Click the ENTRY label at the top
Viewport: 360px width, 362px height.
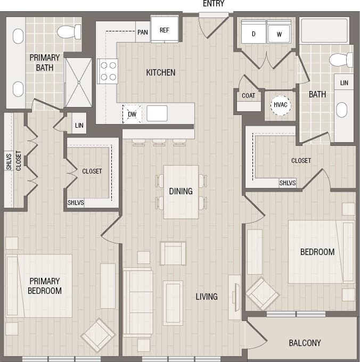coord(214,4)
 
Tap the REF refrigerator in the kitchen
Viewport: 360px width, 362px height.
coord(164,30)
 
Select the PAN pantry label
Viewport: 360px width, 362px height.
coord(142,32)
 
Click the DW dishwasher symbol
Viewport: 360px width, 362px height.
coord(132,113)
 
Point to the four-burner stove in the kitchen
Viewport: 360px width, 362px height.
coord(108,71)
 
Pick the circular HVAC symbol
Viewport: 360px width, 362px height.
coord(280,105)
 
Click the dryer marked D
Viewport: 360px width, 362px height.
coord(253,33)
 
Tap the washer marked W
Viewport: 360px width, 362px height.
coord(279,33)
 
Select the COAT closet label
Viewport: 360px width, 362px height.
coord(248,96)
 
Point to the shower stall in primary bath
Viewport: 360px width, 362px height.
coord(78,83)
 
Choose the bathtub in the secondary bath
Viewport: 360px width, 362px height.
coord(324,31)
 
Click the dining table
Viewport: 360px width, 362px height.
coord(181,192)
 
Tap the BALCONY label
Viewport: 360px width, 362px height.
coord(305,343)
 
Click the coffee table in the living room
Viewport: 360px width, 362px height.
coord(173,302)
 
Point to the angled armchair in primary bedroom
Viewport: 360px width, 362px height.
coord(98,335)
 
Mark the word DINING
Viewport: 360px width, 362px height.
coord(181,191)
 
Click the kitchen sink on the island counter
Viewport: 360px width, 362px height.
coord(157,113)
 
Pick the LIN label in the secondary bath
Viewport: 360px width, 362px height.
coord(344,83)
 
